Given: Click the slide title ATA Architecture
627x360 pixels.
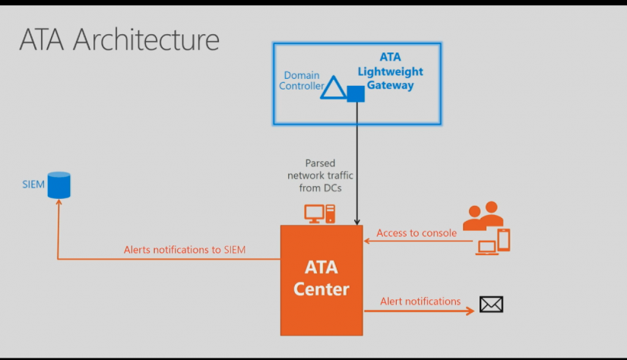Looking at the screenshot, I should (119, 39).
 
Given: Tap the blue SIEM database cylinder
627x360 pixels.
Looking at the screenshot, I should (59, 185).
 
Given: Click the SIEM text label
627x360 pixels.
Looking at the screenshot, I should (33, 184).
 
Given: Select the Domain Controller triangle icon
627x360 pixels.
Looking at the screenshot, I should (332, 87).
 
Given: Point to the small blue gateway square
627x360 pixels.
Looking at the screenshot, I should (356, 93).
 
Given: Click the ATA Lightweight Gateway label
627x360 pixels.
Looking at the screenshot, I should (391, 71).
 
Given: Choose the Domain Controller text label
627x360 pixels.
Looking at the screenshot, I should (302, 81).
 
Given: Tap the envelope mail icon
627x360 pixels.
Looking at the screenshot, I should (491, 305).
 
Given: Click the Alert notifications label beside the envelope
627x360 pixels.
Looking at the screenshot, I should (420, 301).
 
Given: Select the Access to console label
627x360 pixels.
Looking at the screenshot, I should (416, 232).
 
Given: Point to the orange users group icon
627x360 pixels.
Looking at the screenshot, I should (483, 216).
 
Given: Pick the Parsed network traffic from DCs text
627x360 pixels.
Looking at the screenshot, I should (320, 176).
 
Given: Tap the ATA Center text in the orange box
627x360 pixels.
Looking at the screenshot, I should (321, 278).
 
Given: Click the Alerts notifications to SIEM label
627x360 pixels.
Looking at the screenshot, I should (185, 249).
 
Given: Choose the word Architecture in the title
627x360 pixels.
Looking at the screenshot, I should (146, 39).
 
